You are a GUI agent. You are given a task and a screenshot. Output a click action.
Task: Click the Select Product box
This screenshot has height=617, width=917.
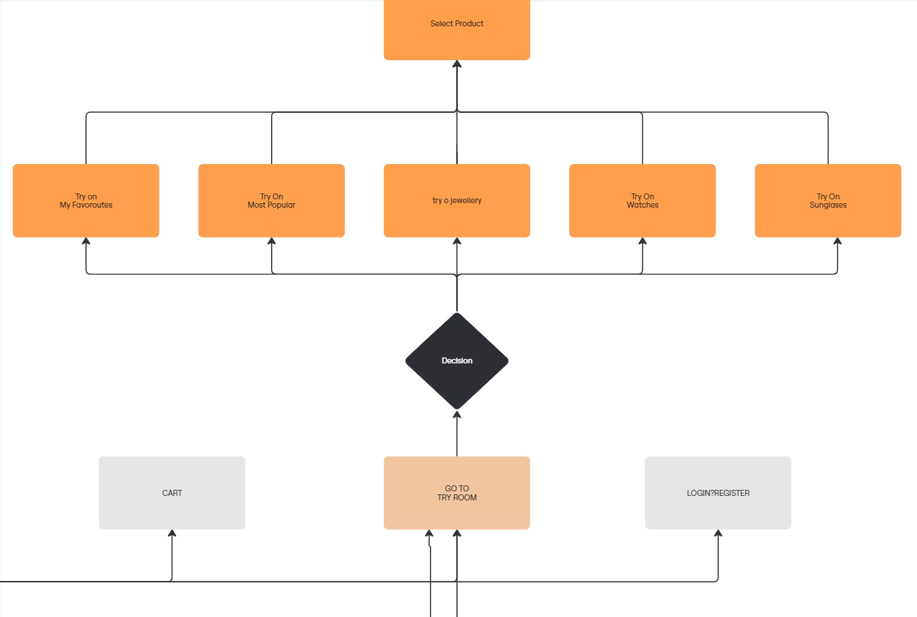tap(457, 29)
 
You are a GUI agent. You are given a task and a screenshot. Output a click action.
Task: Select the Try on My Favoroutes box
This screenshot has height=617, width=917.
tap(86, 200)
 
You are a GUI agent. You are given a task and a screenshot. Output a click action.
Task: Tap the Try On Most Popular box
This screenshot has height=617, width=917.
tap(271, 200)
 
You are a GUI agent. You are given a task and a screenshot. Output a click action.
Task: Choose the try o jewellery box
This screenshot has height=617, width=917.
tap(457, 200)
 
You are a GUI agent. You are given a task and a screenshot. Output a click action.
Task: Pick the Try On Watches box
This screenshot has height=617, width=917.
tap(642, 200)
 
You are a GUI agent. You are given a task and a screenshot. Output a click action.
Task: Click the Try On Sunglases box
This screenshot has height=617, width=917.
tap(828, 200)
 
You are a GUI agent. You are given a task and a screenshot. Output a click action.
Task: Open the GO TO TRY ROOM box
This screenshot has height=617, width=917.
tap(457, 493)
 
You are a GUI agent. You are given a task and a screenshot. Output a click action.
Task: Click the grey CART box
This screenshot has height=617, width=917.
tap(172, 493)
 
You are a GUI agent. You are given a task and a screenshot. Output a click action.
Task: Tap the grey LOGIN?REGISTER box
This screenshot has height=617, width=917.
tap(718, 493)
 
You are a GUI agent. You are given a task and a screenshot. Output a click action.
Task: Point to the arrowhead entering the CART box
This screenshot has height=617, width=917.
tap(172, 533)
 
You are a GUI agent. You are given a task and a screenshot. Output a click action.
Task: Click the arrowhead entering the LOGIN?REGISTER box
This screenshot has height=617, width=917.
tap(718, 533)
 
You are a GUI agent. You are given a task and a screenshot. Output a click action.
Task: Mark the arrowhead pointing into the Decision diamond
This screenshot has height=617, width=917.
tap(457, 415)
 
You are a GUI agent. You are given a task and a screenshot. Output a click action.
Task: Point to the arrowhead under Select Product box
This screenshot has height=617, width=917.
tap(457, 65)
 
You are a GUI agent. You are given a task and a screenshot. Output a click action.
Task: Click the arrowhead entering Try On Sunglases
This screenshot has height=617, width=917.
tap(837, 242)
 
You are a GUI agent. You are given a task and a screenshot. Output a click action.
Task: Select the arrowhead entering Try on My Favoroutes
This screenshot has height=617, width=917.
tap(86, 242)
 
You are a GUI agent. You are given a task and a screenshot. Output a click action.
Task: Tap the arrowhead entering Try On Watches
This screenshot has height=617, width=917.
tap(642, 242)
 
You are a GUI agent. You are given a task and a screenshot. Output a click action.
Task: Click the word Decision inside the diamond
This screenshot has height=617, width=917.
tap(457, 361)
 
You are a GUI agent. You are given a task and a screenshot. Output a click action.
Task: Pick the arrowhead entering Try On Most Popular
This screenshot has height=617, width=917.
tap(271, 242)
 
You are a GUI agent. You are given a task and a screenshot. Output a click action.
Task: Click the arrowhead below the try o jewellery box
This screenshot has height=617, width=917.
tap(457, 242)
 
